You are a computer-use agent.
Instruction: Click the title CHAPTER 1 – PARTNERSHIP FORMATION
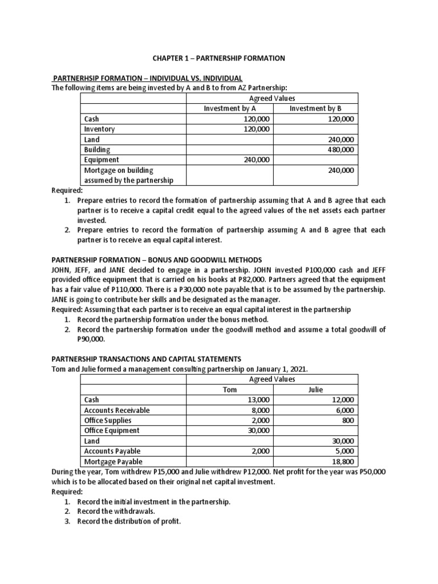tap(218, 58)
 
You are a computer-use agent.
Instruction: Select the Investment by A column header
tap(230, 108)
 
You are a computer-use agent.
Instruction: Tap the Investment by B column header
tap(315, 108)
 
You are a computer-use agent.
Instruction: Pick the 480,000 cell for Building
tap(341, 149)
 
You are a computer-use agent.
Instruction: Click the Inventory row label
tap(99, 129)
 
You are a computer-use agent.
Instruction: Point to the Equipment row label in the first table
tap(102, 160)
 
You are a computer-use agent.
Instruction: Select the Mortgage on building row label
tap(119, 170)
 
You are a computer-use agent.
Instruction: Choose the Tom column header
tap(229, 390)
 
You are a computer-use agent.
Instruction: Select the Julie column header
tap(315, 390)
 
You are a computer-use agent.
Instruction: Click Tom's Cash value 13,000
tap(259, 400)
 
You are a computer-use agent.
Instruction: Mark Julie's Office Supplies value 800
tap(347, 420)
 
